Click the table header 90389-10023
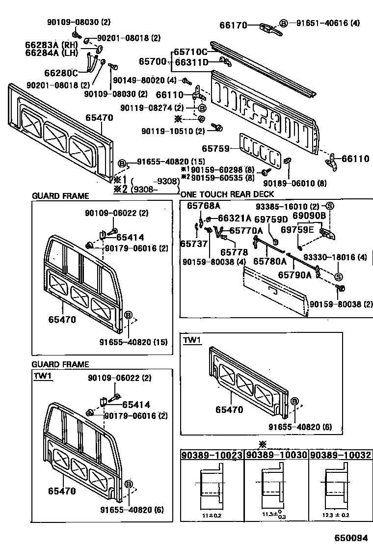(x=212, y=455)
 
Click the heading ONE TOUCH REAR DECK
(x=227, y=194)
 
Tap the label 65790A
(x=295, y=275)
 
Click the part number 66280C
(x=61, y=74)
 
